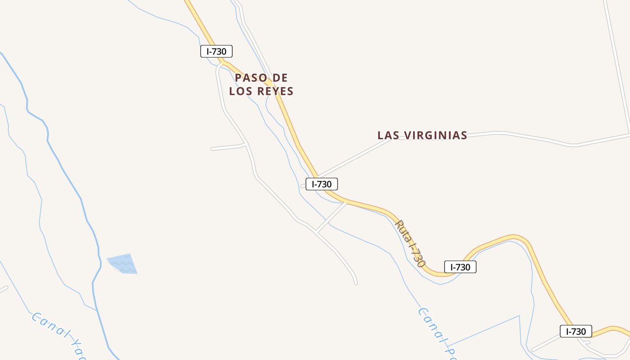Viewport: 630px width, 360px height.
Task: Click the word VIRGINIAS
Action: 435,135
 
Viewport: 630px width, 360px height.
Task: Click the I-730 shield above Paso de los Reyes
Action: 216,51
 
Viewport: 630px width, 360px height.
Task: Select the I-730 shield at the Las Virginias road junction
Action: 322,184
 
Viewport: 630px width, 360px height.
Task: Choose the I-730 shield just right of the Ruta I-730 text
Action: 460,267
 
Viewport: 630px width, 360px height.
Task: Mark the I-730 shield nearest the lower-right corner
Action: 576,332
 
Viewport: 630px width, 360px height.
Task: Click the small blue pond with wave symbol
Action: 123,264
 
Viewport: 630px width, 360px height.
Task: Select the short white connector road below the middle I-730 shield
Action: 331,217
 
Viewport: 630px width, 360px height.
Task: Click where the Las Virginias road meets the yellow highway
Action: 317,176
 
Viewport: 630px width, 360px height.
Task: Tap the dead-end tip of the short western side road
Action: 212,149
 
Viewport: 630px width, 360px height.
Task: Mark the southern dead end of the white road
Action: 356,283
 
